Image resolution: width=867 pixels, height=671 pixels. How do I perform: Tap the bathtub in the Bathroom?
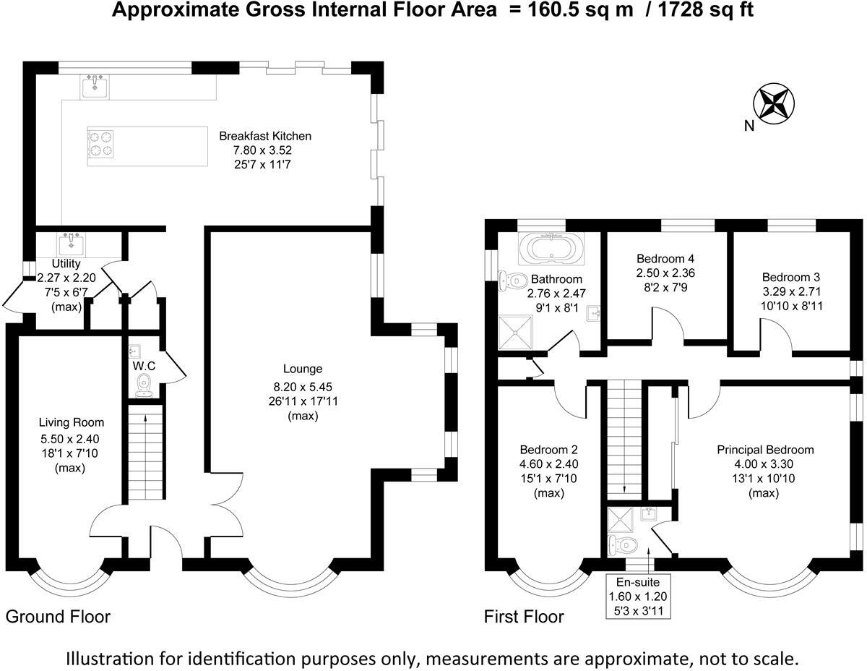pos(552,248)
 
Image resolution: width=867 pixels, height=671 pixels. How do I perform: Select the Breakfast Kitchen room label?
pos(265,135)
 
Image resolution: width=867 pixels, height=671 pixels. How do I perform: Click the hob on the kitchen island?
pos(101,142)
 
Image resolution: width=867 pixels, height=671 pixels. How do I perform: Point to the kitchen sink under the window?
pos(95,86)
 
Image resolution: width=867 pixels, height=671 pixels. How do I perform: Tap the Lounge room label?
pos(303,368)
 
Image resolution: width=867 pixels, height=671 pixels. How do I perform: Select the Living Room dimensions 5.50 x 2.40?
pos(69,438)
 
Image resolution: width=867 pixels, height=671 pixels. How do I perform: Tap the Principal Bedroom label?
pos(765,450)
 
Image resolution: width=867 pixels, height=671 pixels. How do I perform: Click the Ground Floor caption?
pos(58,617)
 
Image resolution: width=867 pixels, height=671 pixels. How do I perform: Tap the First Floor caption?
pos(524,617)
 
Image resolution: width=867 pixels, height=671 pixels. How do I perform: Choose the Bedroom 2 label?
pos(548,450)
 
